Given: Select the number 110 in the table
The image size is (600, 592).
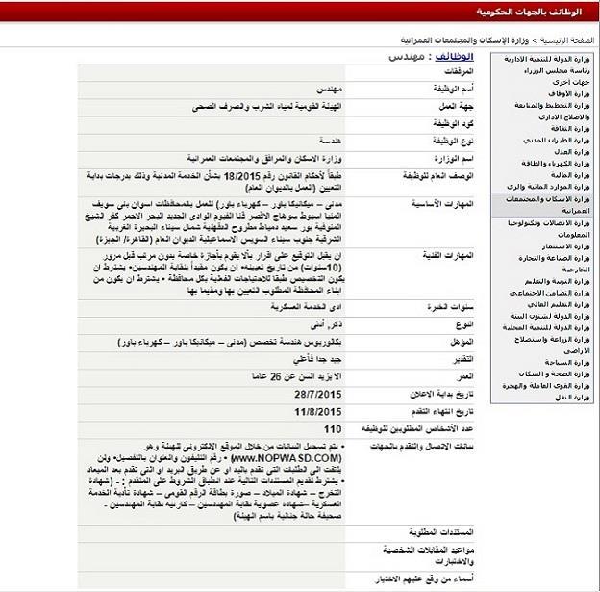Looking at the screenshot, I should point(334,428).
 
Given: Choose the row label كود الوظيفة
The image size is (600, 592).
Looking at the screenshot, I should point(448,124).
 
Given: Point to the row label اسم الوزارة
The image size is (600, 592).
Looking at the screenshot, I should point(448,158).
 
